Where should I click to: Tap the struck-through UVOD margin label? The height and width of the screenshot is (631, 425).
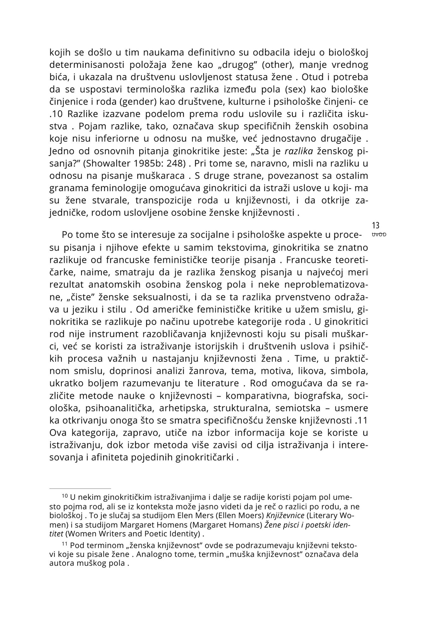pos(379,235)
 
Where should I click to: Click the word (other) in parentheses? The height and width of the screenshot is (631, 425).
pos(278,65)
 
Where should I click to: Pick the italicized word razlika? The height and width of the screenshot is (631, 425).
pos(298,151)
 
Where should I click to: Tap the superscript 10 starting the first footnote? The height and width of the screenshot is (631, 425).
pos(64,497)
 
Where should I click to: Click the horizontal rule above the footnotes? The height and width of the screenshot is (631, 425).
pos(80,488)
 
